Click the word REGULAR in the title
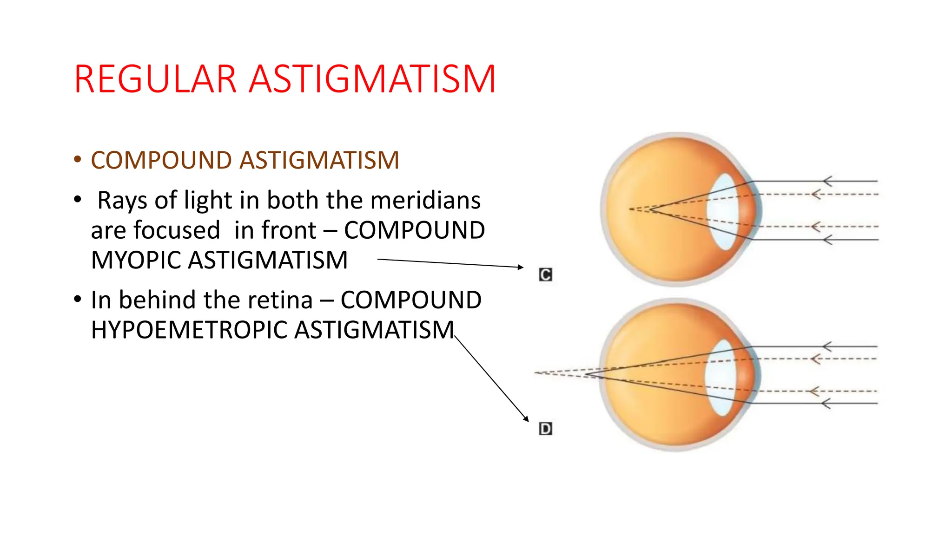[x=156, y=79]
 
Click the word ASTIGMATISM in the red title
[x=372, y=79]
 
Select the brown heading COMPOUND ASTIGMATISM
[x=245, y=160]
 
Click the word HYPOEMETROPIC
[x=189, y=330]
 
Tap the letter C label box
[x=545, y=275]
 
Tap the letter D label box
[x=545, y=429]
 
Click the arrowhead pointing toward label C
[x=521, y=267]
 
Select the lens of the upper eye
[x=722, y=211]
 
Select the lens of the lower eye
[x=721, y=377]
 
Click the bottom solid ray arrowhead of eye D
[x=826, y=404]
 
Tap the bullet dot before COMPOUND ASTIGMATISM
[x=78, y=160]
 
